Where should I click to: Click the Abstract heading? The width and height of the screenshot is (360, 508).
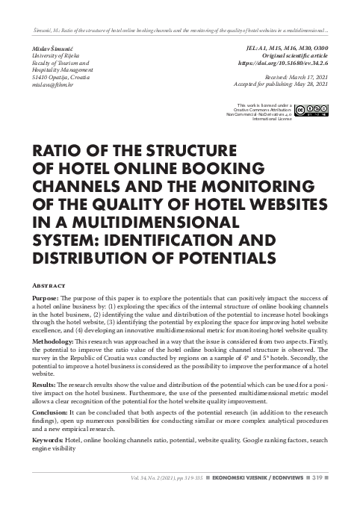51,285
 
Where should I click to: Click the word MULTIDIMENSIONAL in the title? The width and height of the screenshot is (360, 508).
132,223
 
